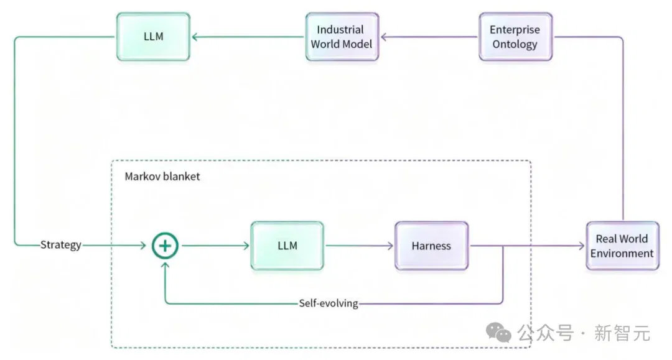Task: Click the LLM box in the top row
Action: pyautogui.click(x=153, y=37)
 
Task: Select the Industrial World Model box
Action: pyautogui.click(x=342, y=37)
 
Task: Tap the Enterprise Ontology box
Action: pyautogui.click(x=516, y=37)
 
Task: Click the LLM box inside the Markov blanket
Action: pyautogui.click(x=287, y=246)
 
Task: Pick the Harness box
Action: pyautogui.click(x=432, y=246)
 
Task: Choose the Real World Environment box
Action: pyautogui.click(x=622, y=246)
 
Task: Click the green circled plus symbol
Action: pyautogui.click(x=165, y=246)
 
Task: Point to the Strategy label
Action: pyautogui.click(x=61, y=245)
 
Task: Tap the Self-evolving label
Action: pyautogui.click(x=329, y=303)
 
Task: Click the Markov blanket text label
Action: pyautogui.click(x=162, y=177)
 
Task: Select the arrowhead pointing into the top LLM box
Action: pyautogui.click(x=195, y=37)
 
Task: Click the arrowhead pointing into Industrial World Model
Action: pyautogui.click(x=384, y=37)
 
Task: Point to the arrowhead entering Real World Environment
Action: pyautogui.click(x=582, y=246)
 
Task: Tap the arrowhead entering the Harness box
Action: pyautogui.click(x=390, y=246)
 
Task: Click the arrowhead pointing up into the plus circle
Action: pyautogui.click(x=165, y=265)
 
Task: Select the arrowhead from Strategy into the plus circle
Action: pyautogui.click(x=143, y=245)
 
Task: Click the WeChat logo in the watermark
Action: pyautogui.click(x=498, y=333)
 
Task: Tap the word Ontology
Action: pyautogui.click(x=515, y=45)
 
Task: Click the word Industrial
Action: pyautogui.click(x=340, y=30)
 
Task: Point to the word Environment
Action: pyautogui.click(x=622, y=254)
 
